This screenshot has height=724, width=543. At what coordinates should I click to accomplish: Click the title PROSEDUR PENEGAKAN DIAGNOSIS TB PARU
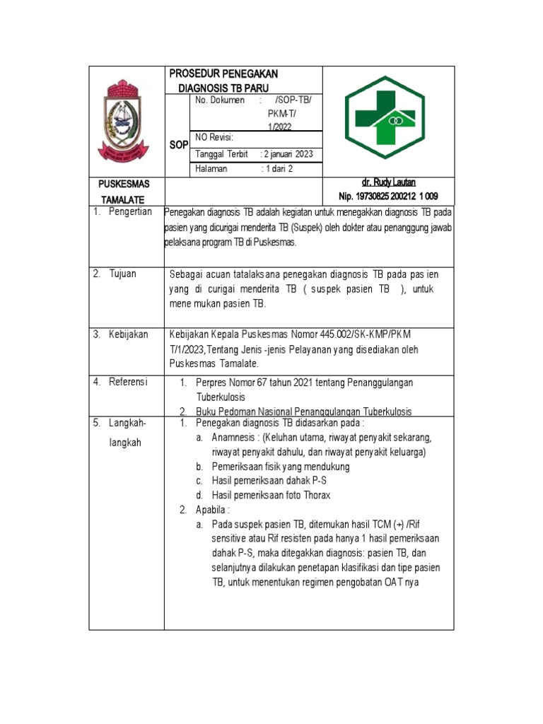point(223,80)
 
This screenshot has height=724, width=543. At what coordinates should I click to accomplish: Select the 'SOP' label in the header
point(178,145)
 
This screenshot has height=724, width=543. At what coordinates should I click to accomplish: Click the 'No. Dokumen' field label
point(219,100)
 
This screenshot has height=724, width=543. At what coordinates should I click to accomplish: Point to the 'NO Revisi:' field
point(214,137)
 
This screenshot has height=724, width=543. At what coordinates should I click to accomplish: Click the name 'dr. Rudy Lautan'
point(388,183)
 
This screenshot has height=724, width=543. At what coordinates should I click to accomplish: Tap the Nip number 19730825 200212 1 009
point(388,197)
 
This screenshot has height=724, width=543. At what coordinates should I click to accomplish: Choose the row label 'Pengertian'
point(130,213)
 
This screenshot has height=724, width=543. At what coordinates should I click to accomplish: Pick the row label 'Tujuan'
point(124,274)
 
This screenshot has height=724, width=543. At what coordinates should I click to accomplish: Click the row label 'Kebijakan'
point(128,334)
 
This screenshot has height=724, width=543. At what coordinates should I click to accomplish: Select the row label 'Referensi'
point(128,382)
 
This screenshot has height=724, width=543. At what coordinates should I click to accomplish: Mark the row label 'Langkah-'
point(127,423)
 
